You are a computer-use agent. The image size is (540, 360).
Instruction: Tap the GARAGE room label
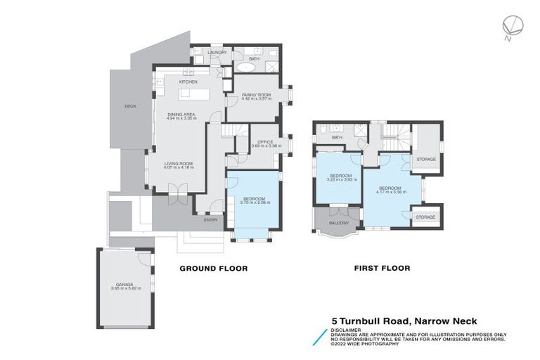tap(125, 285)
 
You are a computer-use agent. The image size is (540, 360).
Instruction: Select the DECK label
tap(130, 106)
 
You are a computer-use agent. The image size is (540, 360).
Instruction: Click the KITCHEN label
tap(188, 82)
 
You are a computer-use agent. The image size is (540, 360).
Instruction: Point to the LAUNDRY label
tap(215, 52)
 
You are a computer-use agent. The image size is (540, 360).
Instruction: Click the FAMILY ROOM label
tap(257, 94)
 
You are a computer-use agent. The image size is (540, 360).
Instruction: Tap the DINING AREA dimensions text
tap(181, 119)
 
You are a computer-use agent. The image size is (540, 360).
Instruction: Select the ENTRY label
tap(210, 220)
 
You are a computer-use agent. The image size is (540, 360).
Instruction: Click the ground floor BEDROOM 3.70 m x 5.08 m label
tap(254, 200)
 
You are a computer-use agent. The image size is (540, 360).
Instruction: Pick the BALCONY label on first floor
tap(339, 223)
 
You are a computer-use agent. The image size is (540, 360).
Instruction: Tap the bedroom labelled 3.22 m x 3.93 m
tap(341, 176)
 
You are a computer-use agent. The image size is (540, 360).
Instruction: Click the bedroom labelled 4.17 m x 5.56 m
tap(390, 189)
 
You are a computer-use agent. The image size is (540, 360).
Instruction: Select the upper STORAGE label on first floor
tap(426, 159)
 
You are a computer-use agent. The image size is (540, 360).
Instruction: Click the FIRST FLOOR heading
tap(382, 268)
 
